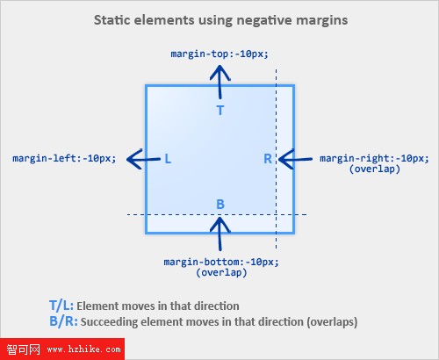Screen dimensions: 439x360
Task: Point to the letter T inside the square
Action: pos(220,111)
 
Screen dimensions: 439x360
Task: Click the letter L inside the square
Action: pos(168,159)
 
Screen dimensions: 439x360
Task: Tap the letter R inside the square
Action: pos(268,159)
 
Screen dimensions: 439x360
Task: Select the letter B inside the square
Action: pos(220,204)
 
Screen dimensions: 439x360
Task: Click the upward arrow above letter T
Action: pos(220,82)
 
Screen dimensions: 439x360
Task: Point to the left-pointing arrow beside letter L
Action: pos(143,159)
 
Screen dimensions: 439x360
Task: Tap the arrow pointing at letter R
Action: pos(295,159)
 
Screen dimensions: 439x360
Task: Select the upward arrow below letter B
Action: pos(220,234)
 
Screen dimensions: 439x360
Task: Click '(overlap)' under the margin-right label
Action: pos(375,169)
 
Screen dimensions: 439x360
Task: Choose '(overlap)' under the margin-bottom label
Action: pos(221,273)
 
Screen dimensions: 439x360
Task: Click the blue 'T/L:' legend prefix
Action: pos(61,306)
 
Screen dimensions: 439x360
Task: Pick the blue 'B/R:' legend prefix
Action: pos(63,321)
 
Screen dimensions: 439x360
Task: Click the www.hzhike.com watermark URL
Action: pos(83,349)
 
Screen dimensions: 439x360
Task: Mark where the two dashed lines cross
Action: pos(276,215)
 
